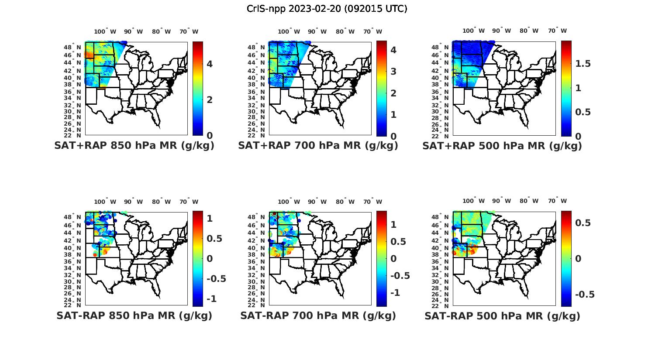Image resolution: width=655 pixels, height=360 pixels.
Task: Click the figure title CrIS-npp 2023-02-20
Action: [x=327, y=9]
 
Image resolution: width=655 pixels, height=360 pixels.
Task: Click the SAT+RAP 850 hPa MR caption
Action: [x=134, y=146]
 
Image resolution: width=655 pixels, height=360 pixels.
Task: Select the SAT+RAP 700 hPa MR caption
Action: [x=318, y=146]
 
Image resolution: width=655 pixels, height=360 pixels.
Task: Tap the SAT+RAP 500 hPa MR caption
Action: [x=502, y=146]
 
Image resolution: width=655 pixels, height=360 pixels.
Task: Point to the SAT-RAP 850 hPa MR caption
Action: [x=134, y=315]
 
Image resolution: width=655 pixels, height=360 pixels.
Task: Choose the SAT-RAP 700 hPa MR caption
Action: [x=318, y=315]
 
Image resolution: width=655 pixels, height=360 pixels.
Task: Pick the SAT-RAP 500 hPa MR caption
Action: [x=502, y=316]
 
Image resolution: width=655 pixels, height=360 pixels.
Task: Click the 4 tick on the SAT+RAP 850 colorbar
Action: [x=210, y=64]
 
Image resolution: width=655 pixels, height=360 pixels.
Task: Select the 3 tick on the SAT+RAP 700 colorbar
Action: [x=393, y=72]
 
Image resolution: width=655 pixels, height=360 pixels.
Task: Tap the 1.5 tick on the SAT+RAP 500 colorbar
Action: [x=583, y=64]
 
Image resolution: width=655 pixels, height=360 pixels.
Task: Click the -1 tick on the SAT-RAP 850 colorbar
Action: [x=211, y=298]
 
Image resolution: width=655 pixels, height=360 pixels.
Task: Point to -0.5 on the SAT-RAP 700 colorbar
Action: [x=400, y=275]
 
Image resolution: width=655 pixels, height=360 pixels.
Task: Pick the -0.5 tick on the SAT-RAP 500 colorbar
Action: [x=584, y=294]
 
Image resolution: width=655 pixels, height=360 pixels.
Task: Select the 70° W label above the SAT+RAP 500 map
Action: [x=557, y=31]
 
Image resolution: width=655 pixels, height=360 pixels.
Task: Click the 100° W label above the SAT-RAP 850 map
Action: [x=105, y=202]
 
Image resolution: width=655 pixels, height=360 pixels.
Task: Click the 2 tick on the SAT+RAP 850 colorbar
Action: [x=210, y=99]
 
